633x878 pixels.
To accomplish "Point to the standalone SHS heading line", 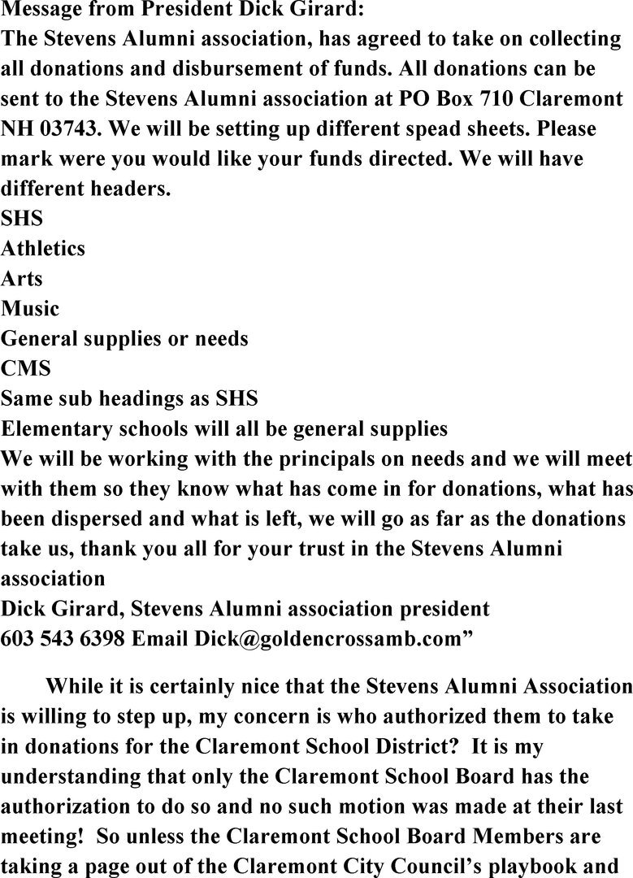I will [x=22, y=219].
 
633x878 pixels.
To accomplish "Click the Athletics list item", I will [x=43, y=249].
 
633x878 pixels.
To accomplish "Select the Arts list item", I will [x=22, y=279].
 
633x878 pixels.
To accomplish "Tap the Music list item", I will [x=30, y=309].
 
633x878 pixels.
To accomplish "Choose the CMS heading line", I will [x=26, y=369].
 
